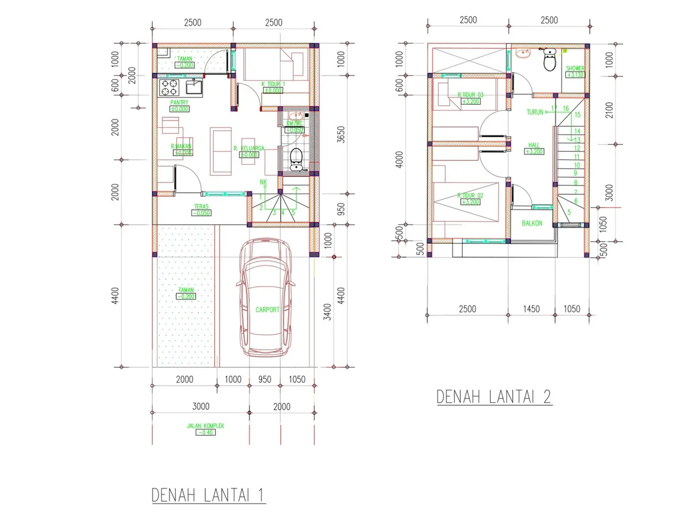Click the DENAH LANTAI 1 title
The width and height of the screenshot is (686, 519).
tap(209, 495)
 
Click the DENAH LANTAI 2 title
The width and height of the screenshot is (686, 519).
tap(494, 397)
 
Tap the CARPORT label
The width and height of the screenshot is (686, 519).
tap(267, 309)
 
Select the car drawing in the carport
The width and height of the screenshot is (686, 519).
tap(267, 297)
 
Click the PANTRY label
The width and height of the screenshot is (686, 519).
tap(179, 103)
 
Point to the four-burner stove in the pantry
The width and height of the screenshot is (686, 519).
tap(170, 87)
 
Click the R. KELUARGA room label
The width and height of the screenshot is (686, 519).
tap(249, 149)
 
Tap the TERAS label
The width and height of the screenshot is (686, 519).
tap(201, 207)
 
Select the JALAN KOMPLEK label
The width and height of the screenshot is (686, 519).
tap(205, 426)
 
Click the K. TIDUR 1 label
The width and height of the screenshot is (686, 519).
tap(273, 84)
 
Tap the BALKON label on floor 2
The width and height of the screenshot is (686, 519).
tap(532, 223)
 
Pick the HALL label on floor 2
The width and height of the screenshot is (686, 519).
tap(534, 145)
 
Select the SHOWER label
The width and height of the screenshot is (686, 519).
tap(575, 69)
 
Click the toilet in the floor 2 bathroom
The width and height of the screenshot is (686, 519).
tap(549, 59)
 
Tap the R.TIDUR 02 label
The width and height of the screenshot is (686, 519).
tap(470, 195)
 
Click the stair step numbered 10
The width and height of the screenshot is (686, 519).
tap(577, 165)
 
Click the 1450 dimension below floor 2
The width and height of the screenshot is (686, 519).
tap(531, 309)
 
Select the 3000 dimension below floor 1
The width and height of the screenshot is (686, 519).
tap(201, 406)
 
